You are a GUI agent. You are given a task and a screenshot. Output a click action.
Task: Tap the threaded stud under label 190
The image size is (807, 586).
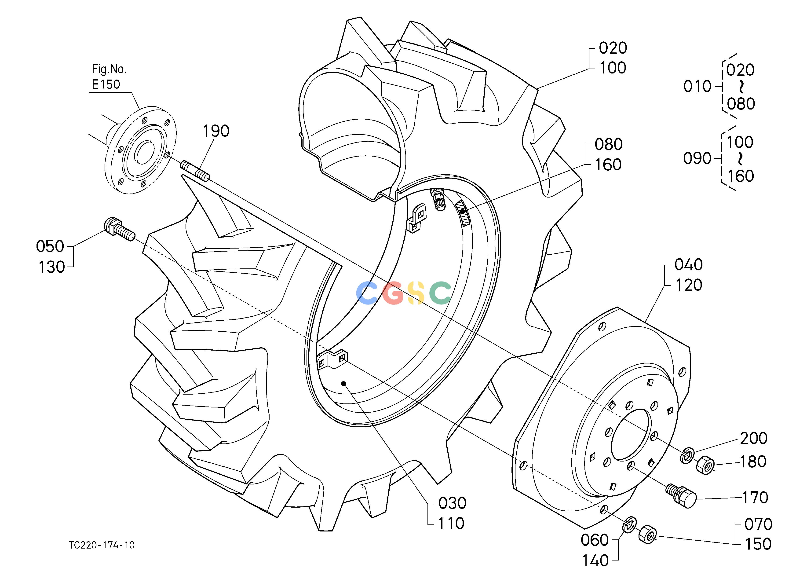(x=195, y=171)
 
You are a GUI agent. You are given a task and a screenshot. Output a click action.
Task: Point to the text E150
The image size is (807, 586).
(x=106, y=84)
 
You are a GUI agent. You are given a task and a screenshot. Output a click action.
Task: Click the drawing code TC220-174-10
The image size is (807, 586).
(x=102, y=545)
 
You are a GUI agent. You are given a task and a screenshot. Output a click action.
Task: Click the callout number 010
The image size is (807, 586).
(x=697, y=86)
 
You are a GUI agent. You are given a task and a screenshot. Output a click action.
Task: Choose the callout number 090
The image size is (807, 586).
(x=697, y=158)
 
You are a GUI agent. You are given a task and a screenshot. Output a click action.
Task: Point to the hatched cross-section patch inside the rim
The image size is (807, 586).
(x=463, y=212)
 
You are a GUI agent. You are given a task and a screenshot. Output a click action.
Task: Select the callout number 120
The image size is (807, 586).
(x=689, y=285)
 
